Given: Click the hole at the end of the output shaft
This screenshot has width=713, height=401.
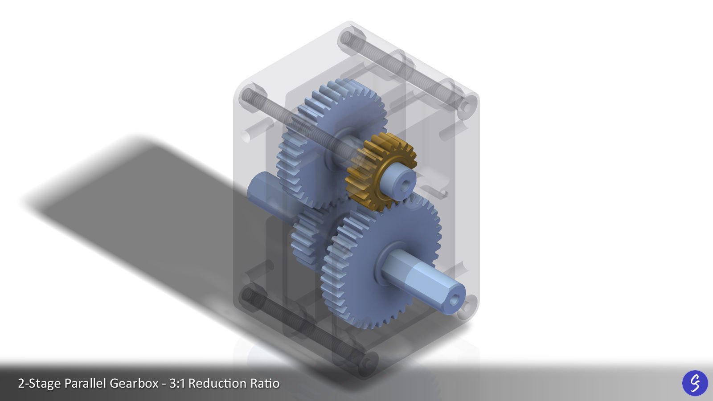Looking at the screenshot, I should (454, 300).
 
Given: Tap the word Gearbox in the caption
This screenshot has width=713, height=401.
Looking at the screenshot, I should (134, 383).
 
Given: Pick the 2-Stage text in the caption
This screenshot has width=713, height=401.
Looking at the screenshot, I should (39, 383).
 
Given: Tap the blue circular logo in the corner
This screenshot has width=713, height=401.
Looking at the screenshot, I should (695, 383).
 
